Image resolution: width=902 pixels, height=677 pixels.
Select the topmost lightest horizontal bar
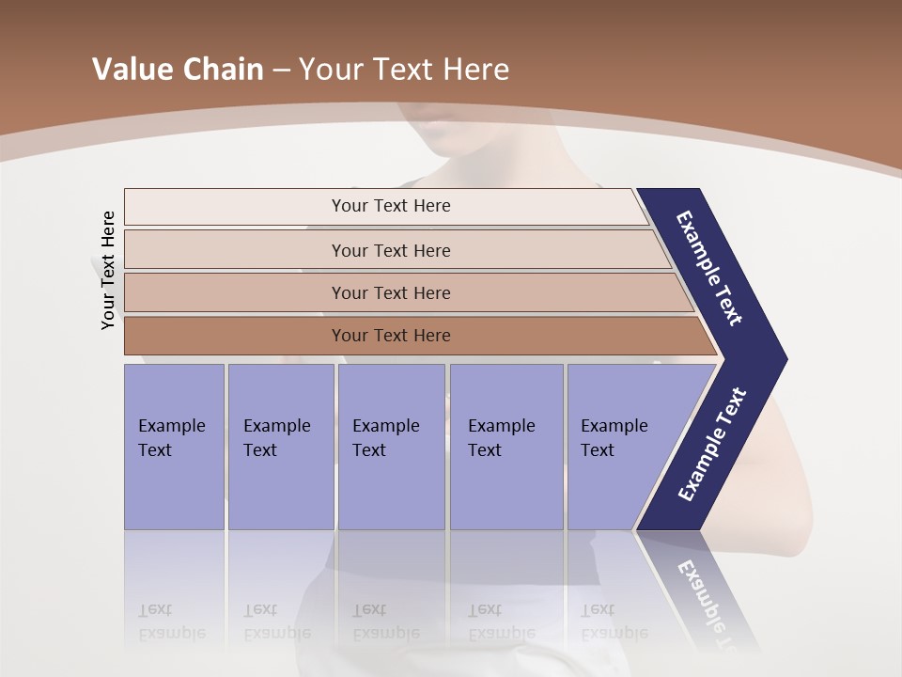390,206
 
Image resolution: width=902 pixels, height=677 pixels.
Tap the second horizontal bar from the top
390,250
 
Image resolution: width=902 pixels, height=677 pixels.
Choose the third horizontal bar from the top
390,292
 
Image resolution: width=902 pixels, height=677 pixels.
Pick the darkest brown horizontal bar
390,336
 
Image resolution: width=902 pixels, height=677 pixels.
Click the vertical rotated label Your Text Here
108,271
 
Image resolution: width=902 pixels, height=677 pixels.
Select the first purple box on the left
174,447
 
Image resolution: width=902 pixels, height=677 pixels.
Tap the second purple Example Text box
280,447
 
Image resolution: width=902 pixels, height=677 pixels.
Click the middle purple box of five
391,447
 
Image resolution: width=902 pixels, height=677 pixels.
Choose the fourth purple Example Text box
505,447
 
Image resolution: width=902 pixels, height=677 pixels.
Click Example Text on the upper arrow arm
709,268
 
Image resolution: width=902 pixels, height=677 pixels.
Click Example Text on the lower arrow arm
711,445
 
